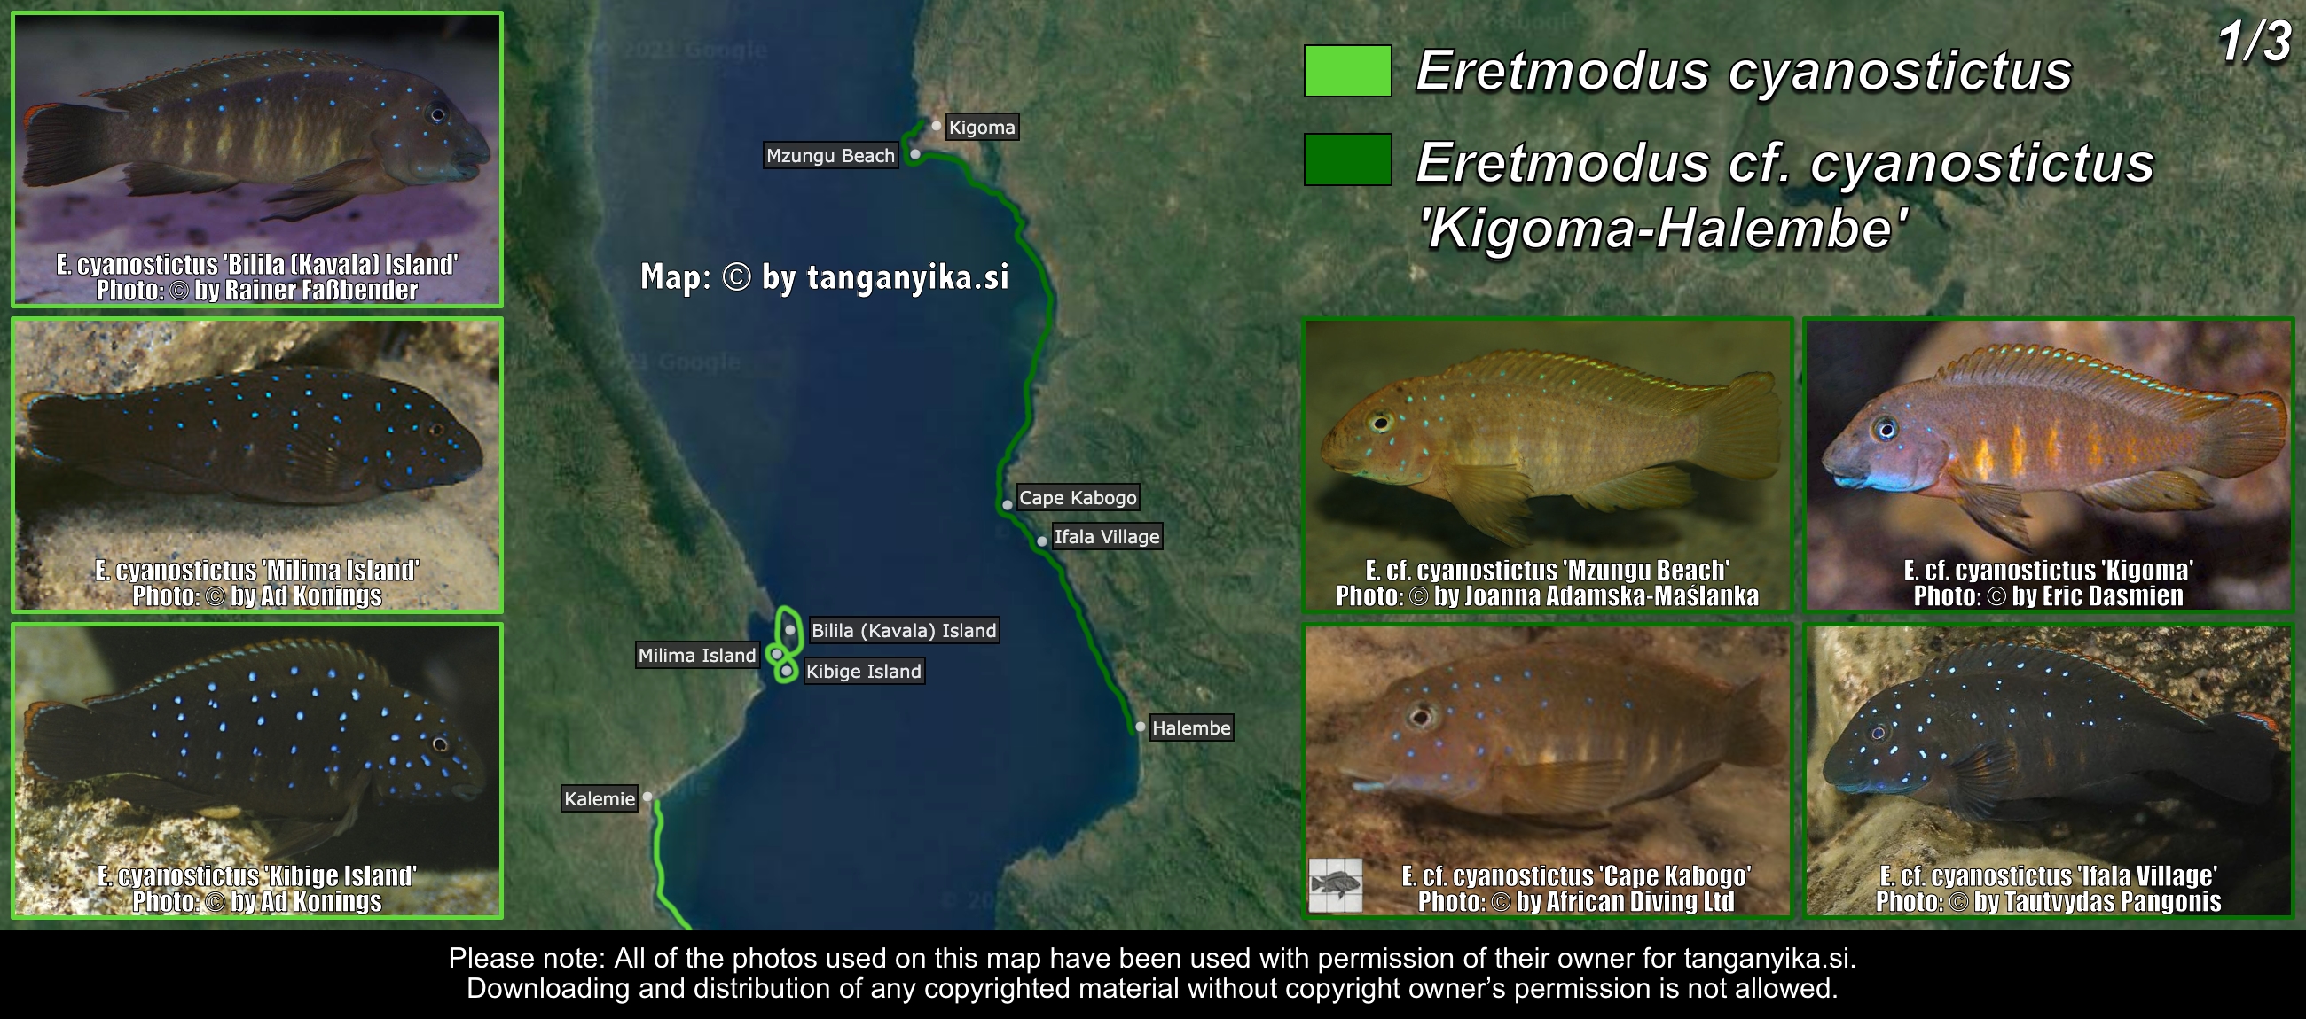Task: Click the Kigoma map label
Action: coord(981,128)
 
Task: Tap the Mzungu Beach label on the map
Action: coord(830,156)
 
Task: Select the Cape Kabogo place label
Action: coord(1078,497)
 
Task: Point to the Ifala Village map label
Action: coord(1107,537)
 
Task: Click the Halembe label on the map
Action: coord(1190,728)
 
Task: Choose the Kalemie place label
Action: coord(600,799)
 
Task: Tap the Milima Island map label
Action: coord(697,656)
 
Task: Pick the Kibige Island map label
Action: coord(864,672)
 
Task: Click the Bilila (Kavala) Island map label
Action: coord(903,631)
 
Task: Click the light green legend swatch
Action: coord(1347,71)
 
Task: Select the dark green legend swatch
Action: coord(1347,159)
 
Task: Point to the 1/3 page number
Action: coord(2254,41)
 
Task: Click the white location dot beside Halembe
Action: coord(1140,727)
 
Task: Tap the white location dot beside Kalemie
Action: coord(647,797)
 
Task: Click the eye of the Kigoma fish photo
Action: coord(1886,430)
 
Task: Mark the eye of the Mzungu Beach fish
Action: coord(1381,423)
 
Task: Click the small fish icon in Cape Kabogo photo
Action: coord(1336,886)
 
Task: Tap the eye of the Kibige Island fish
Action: coord(440,744)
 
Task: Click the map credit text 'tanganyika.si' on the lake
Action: coord(907,277)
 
